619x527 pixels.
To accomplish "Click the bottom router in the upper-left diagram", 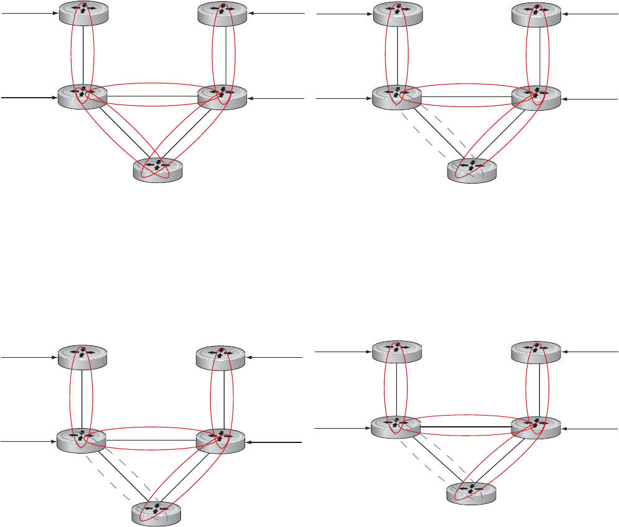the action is [x=159, y=169].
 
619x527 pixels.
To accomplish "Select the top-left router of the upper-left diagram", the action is [x=83, y=13].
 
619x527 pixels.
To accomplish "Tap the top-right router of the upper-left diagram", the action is [x=222, y=13].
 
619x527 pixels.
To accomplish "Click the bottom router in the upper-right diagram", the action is [x=472, y=170].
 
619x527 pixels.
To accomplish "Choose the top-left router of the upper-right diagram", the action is [x=398, y=14].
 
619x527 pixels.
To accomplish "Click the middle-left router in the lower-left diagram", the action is [x=81, y=441].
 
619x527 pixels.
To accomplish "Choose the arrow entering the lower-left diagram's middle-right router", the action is [x=274, y=442].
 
